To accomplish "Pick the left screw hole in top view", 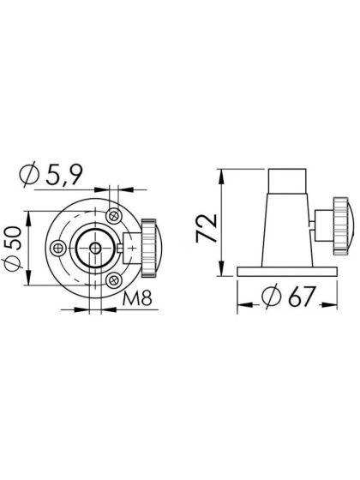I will pos(57,248).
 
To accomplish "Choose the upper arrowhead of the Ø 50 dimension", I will pos(31,215).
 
